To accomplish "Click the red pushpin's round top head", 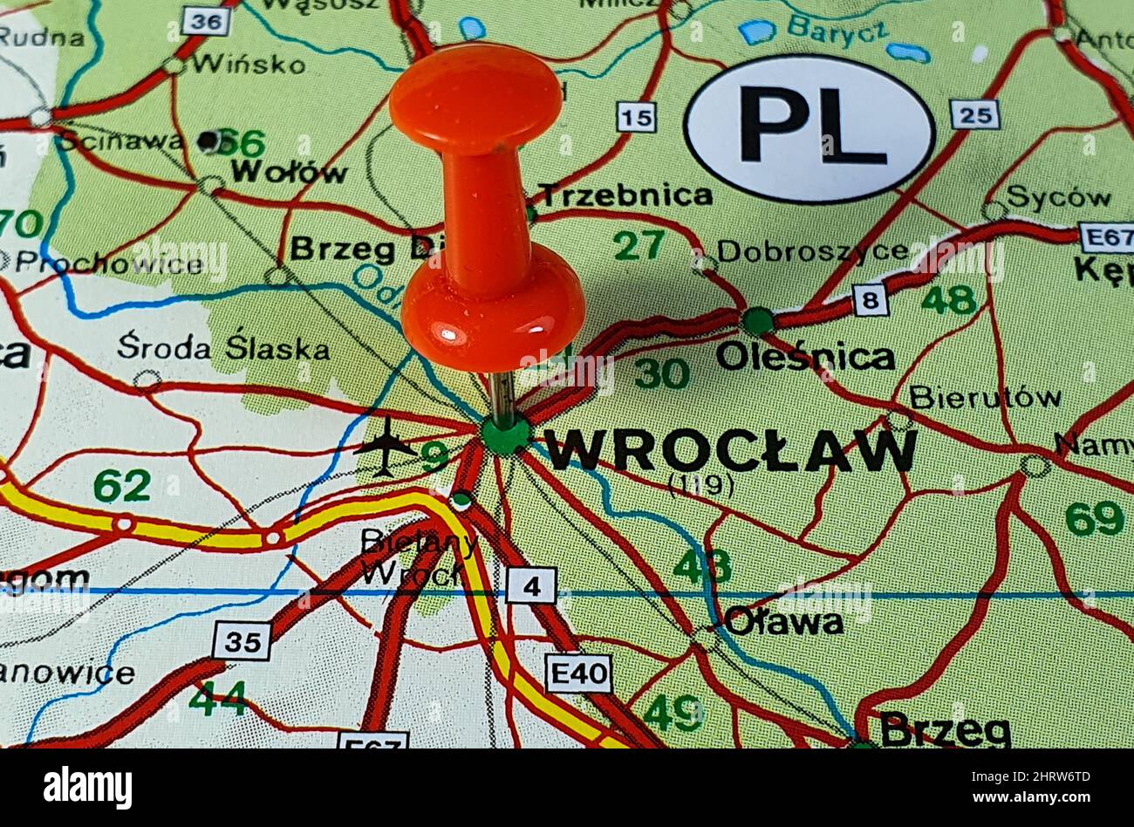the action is click(475, 98).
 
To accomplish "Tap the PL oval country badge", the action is click(810, 128).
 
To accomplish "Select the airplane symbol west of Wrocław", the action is click(386, 446).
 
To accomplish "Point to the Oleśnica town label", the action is click(805, 357).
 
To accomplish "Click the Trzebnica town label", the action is click(625, 195).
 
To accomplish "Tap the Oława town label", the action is click(783, 622).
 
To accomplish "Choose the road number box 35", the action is click(242, 641).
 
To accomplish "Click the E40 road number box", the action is click(578, 673).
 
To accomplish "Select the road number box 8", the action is click(869, 300).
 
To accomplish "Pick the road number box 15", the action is click(636, 116).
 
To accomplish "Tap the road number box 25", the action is click(974, 113).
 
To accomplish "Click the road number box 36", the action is click(207, 21).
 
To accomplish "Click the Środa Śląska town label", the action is click(223, 347).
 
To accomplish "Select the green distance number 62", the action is click(122, 486).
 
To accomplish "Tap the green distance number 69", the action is click(1094, 518).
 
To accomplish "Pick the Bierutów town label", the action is click(985, 397).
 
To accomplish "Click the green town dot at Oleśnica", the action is click(757, 320).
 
